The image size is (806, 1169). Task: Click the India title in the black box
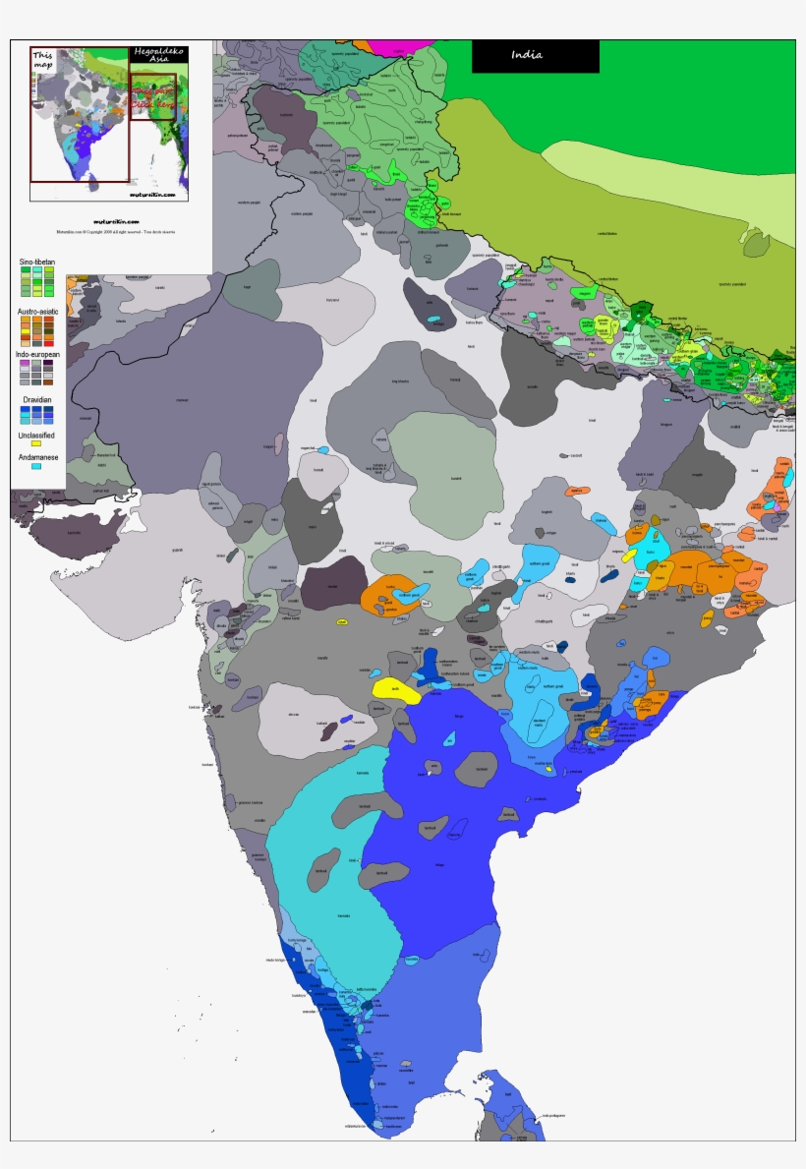point(527,55)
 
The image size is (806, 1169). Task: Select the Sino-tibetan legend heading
point(36,263)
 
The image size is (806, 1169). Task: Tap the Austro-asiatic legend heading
point(36,311)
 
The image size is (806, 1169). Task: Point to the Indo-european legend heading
point(36,353)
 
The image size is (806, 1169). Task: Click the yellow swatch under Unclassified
point(36,443)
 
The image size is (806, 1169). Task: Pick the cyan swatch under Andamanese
point(36,467)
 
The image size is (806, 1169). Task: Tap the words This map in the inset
point(43,61)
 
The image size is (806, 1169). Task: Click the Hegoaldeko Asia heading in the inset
point(151,55)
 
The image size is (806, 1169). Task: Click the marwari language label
point(181,399)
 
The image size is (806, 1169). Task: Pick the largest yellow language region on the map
point(394,688)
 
